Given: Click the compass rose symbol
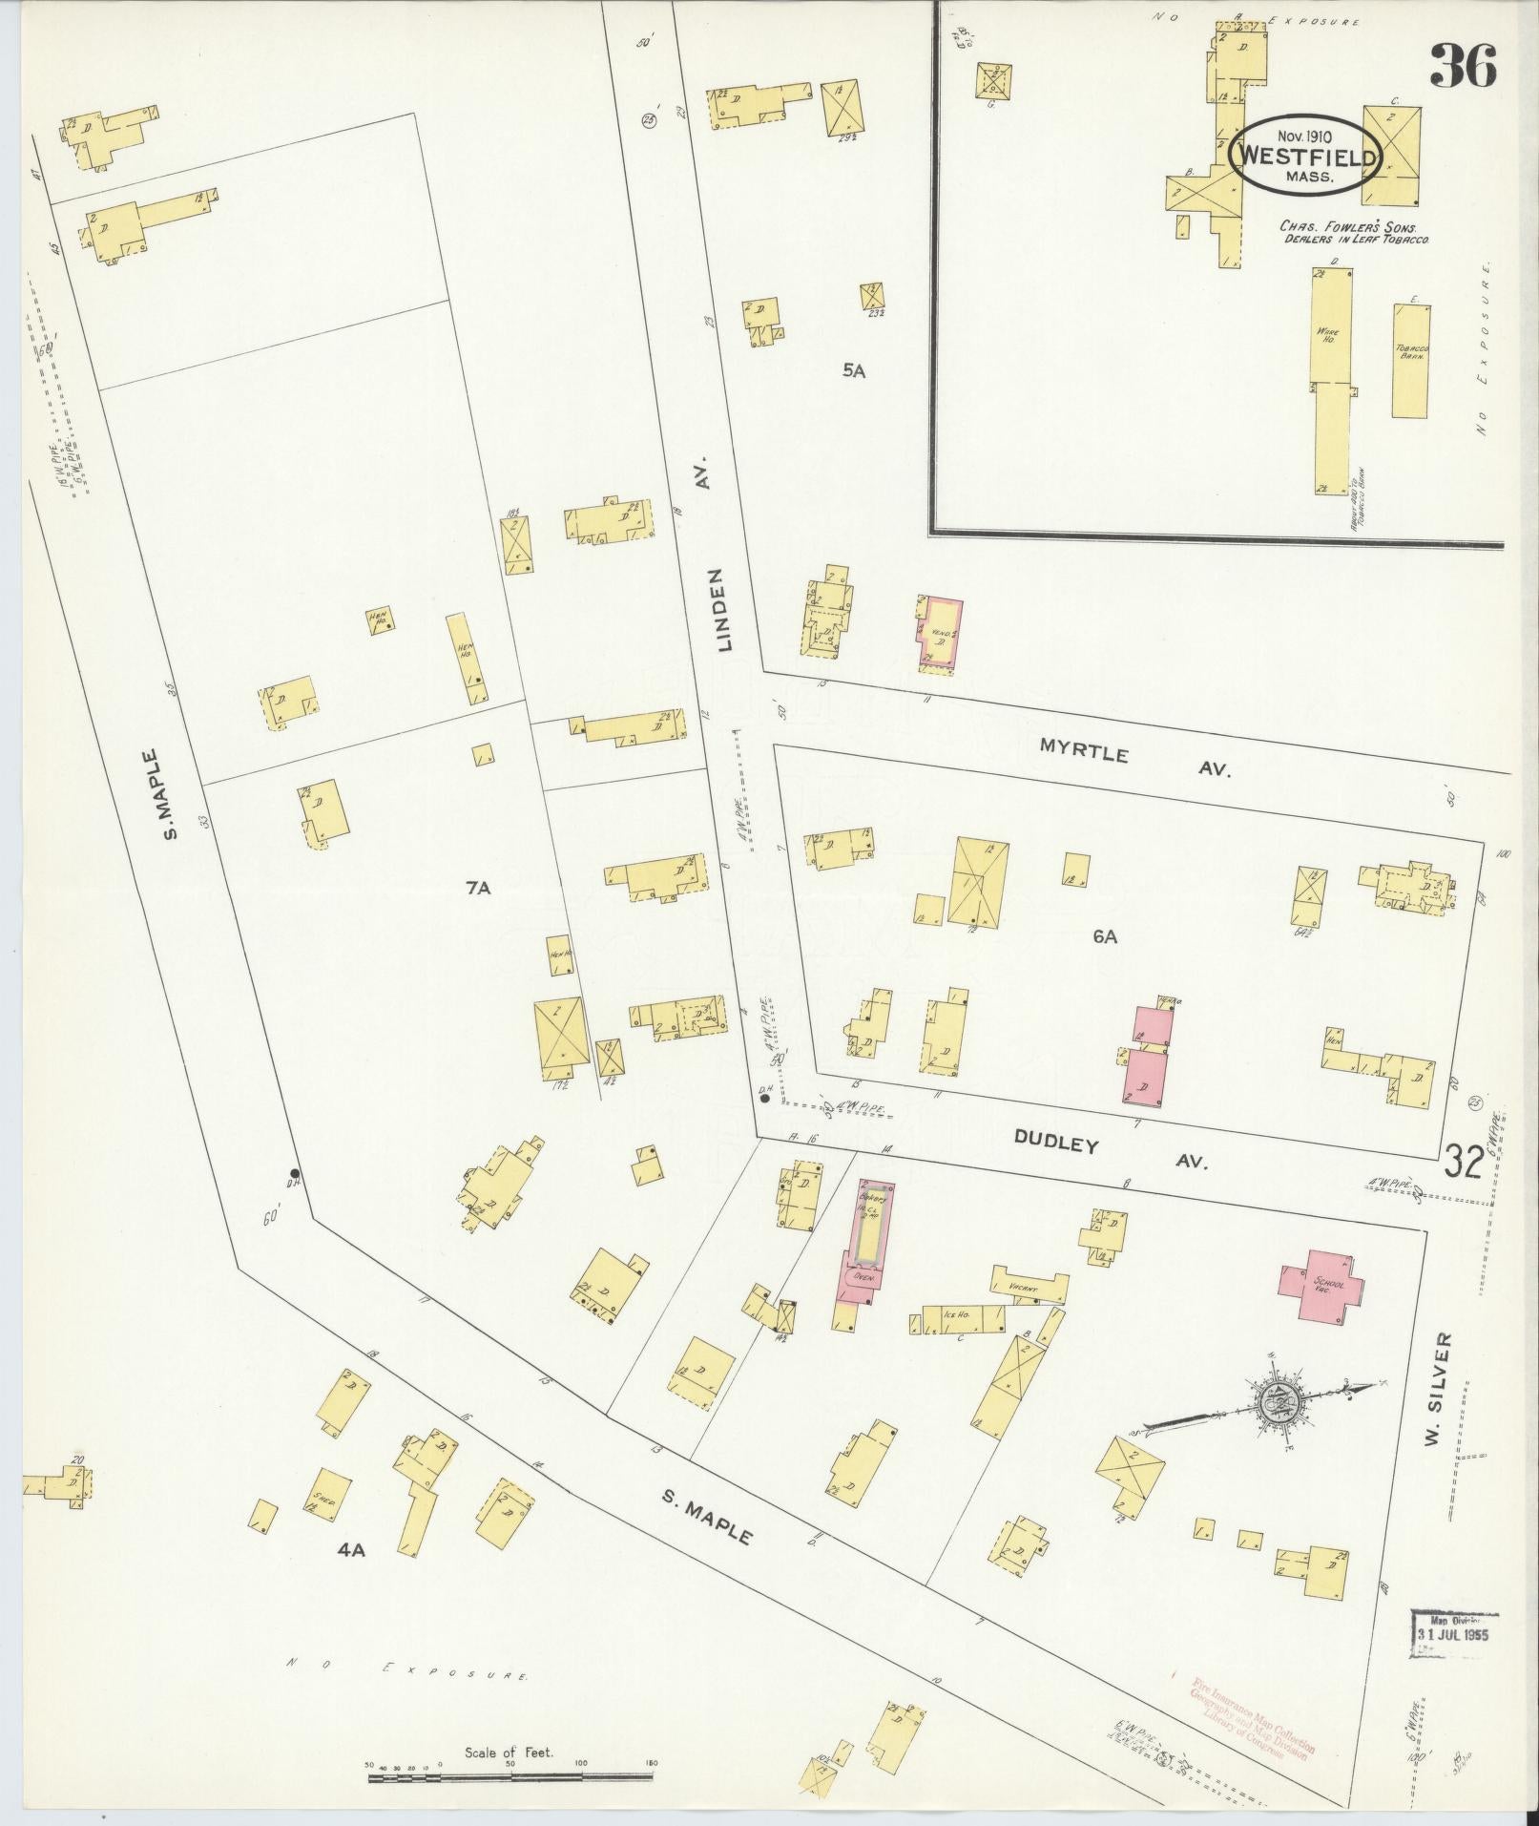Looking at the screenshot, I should (1274, 1403).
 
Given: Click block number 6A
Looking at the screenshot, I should (1105, 937).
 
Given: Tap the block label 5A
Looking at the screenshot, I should (853, 371).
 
